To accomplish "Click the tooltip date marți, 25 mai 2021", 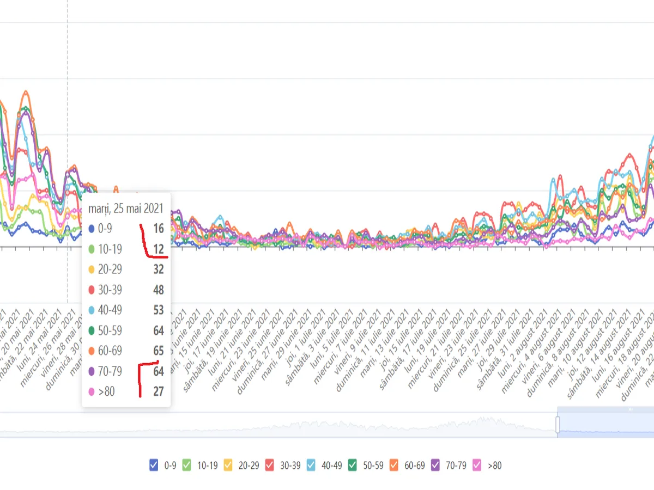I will coord(126,208).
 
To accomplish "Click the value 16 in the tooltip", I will coord(158,229).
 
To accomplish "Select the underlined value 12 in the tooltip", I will coord(158,249).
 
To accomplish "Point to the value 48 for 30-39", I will coord(158,290).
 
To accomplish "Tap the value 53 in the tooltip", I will coord(158,310).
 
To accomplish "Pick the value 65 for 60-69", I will coord(158,351).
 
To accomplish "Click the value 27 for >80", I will coord(158,391).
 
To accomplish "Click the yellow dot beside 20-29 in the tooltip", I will coord(92,269).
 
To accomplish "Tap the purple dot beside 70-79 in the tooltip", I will coord(92,371).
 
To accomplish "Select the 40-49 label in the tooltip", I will coord(110,310).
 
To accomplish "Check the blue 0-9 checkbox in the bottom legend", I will coord(154,465).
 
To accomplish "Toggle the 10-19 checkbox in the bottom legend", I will coord(187,465).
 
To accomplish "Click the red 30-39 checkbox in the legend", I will coord(270,465).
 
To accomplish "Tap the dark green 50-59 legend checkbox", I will coord(353,465).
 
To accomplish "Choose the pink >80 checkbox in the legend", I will coord(477,465).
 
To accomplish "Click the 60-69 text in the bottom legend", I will coord(416,465).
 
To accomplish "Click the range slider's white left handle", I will coord(558,425).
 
